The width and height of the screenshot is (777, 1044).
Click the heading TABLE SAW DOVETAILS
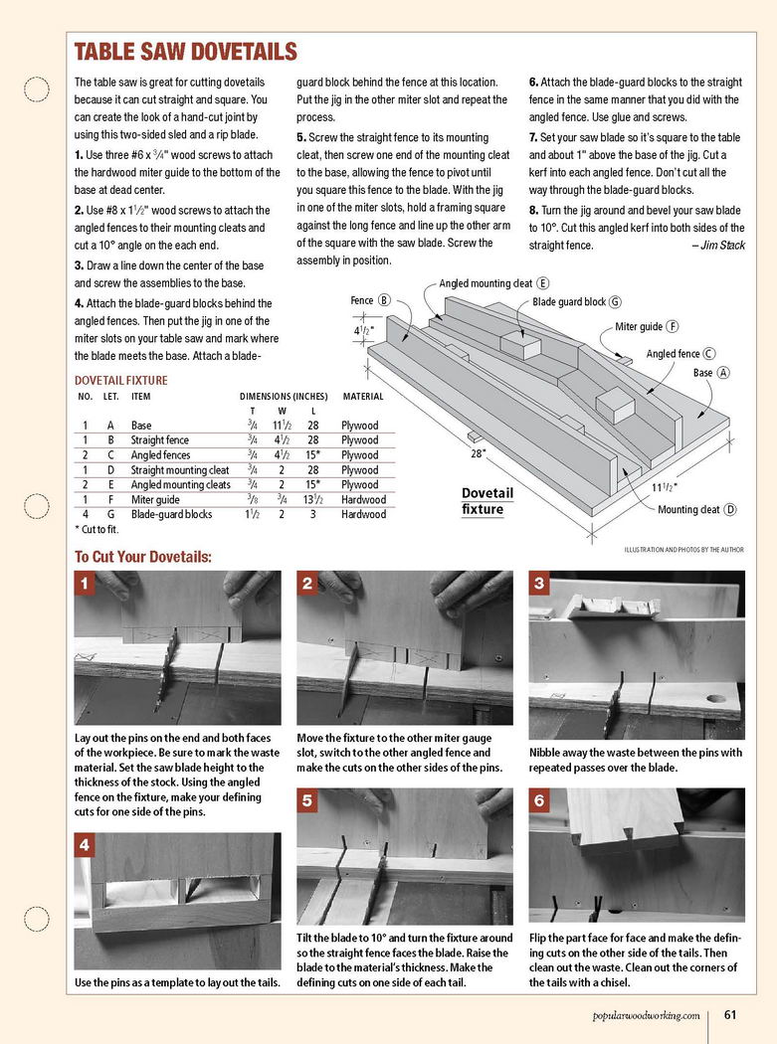186,52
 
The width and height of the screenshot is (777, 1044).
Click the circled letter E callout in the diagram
543,283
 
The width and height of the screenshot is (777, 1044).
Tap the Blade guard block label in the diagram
570,301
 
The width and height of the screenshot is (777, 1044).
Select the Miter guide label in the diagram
639,326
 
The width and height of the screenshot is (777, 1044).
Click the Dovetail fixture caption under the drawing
487,500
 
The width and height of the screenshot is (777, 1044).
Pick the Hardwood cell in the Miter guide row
363,499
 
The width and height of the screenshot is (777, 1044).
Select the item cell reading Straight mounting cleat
180,469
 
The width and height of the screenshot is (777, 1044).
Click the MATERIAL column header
362,396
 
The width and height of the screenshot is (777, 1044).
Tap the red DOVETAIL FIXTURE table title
121,380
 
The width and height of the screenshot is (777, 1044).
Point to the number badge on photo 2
309,584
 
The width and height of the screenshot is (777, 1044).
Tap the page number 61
729,1014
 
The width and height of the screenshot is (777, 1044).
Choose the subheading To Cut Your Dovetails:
143,556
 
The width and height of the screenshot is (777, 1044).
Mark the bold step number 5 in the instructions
300,137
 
